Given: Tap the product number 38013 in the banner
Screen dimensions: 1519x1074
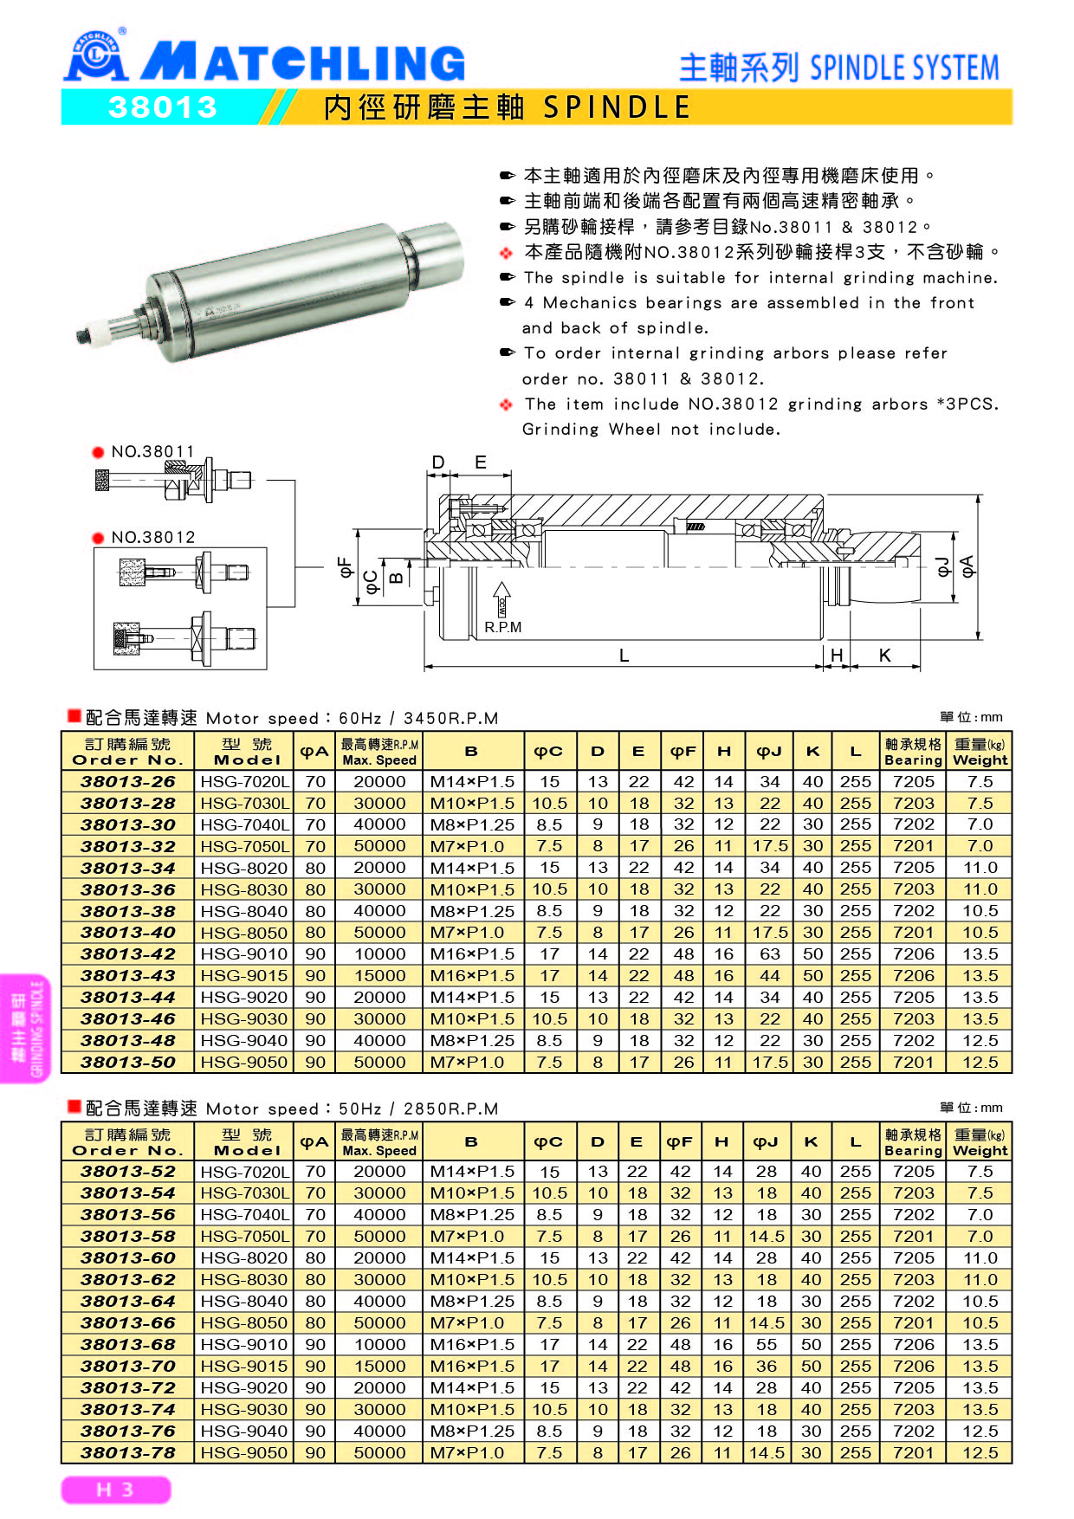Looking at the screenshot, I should (162, 107).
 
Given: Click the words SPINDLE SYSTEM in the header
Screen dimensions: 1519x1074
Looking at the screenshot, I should (904, 68).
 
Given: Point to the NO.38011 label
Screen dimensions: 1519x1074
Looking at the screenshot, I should (152, 451).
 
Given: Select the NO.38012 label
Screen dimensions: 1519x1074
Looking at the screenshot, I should (152, 537).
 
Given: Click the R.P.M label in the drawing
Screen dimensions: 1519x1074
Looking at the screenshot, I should (502, 627).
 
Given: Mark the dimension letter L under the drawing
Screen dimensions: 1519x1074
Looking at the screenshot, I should (624, 656).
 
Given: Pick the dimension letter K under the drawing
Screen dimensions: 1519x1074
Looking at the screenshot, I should (884, 656).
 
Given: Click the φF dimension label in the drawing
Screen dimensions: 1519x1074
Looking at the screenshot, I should (346, 568).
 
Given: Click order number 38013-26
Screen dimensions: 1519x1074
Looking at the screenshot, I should (127, 781).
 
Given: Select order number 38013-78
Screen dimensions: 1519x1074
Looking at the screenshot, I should (127, 1452).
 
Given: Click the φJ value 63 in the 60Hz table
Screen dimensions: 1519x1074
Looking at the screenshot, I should (769, 953).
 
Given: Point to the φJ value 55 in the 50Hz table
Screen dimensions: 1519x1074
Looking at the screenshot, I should (767, 1344).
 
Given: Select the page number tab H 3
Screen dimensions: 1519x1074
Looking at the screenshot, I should (115, 1490).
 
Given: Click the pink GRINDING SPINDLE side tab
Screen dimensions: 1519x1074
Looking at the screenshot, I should (26, 1028).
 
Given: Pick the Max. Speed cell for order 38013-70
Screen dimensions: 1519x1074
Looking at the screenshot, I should (379, 1366).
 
